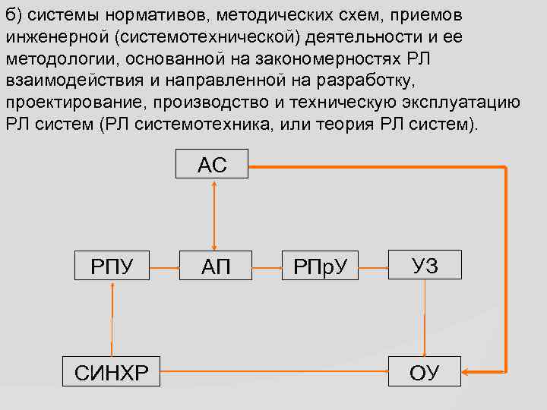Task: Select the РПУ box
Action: coord(112,266)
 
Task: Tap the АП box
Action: coord(216,266)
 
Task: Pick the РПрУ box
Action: coord(320,266)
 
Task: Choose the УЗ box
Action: coord(425,266)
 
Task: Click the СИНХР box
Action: coord(112,372)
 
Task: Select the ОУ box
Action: coord(425,372)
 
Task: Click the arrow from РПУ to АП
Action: coord(163,267)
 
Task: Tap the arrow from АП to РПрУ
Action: coord(267,267)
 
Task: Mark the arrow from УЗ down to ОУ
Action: coord(425,319)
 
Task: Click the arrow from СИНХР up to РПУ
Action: coord(112,319)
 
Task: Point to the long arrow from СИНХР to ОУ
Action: coord(269,372)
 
